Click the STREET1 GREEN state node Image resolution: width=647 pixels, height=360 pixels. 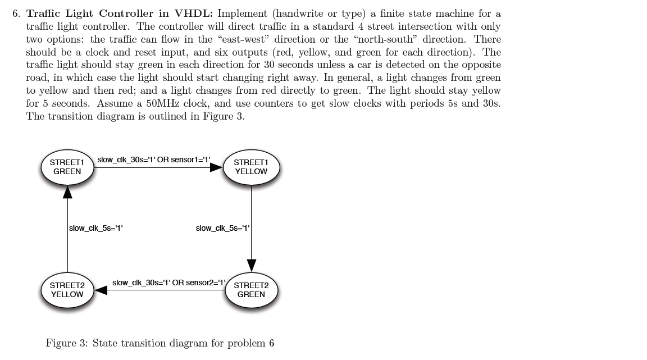click(67, 167)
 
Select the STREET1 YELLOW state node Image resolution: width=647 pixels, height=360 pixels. click(251, 167)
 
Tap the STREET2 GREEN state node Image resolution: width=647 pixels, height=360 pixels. click(251, 290)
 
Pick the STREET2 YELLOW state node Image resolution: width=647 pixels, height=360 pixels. click(67, 290)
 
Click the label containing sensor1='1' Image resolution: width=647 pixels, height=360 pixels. click(154, 160)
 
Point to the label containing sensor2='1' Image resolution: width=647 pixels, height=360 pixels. click(168, 282)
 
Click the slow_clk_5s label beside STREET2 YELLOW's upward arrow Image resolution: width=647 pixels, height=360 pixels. click(95, 228)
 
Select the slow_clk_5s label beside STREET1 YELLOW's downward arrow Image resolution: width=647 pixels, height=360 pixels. click(222, 228)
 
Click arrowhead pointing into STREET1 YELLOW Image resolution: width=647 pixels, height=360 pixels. click(217, 167)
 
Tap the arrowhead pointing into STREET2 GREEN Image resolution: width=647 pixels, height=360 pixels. click(251, 266)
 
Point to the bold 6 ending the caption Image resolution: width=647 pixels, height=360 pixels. click(271, 343)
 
